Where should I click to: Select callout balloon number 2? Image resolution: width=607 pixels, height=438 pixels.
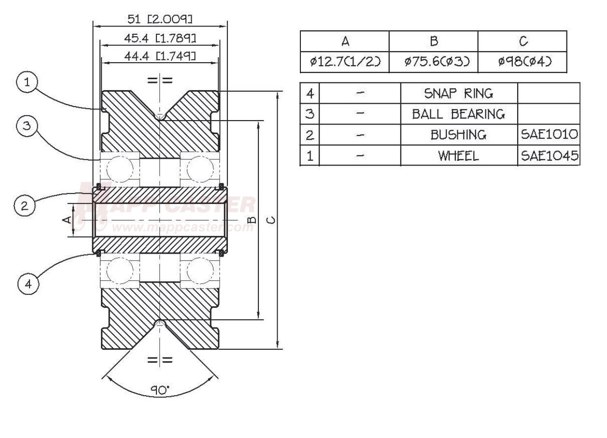[24, 206]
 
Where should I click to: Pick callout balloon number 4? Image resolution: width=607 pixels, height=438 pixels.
[28, 284]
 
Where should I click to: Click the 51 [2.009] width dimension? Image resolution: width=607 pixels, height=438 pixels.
[160, 19]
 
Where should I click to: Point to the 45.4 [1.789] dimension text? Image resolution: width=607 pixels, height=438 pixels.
[160, 38]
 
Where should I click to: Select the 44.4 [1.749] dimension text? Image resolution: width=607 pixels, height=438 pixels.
[160, 56]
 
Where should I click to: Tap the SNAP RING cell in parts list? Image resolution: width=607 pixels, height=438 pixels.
[459, 93]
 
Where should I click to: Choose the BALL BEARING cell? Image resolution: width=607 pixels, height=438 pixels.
[459, 114]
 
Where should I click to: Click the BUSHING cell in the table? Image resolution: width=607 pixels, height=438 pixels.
[459, 135]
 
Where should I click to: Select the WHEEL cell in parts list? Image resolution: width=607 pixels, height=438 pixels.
[459, 156]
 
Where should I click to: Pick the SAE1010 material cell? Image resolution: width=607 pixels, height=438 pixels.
[549, 135]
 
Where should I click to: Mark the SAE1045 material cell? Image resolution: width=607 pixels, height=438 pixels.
[549, 156]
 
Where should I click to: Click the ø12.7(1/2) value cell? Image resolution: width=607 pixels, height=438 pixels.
[345, 62]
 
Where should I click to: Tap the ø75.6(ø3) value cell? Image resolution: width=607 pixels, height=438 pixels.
[434, 62]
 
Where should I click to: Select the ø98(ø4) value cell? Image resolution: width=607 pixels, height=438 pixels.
[522, 62]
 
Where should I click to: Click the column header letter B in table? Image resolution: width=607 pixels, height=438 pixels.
[434, 41]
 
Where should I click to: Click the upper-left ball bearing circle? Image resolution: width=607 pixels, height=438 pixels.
[119, 170]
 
